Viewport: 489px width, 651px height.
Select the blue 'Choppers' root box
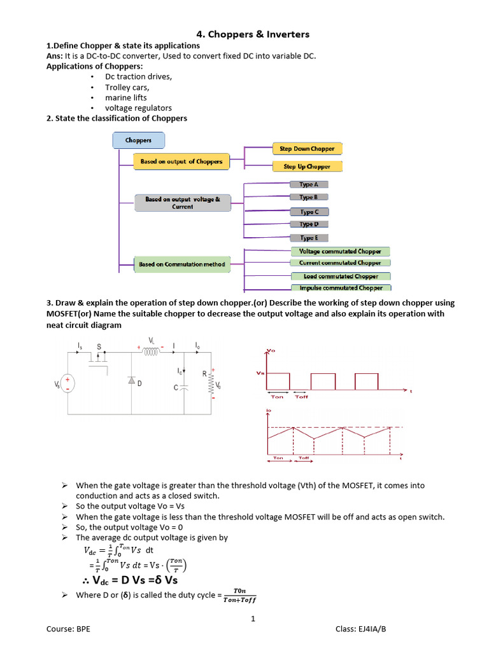(x=138, y=140)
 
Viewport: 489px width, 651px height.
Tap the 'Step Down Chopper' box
(x=307, y=149)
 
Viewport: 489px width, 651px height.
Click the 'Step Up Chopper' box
(x=307, y=167)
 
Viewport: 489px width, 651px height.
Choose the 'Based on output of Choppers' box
(x=181, y=161)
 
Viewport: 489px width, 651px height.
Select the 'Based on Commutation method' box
(x=181, y=264)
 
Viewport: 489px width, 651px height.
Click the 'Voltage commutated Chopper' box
(x=340, y=252)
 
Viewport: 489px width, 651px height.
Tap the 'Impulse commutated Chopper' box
(x=341, y=288)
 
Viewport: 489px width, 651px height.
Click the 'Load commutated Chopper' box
(x=341, y=277)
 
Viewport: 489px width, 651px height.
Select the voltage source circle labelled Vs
(x=67, y=383)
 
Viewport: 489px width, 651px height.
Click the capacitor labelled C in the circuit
(x=183, y=388)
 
